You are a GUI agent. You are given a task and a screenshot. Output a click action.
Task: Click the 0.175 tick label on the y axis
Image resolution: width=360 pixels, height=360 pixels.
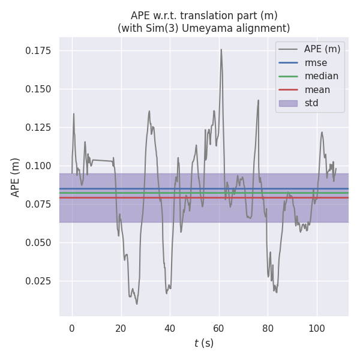pyautogui.click(x=38, y=51)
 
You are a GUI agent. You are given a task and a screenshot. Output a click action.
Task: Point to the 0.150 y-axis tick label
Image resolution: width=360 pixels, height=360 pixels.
pyautogui.click(x=38, y=89)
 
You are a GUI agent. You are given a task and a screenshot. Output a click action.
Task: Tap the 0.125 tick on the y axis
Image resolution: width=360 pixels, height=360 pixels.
pyautogui.click(x=38, y=128)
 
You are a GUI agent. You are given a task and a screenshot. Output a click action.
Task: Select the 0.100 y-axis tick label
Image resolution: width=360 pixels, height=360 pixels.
pyautogui.click(x=38, y=166)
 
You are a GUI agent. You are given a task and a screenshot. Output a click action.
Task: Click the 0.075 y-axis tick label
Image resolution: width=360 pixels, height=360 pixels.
pyautogui.click(x=38, y=205)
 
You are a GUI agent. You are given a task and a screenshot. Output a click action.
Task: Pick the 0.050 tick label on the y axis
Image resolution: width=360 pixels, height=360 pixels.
pyautogui.click(x=38, y=243)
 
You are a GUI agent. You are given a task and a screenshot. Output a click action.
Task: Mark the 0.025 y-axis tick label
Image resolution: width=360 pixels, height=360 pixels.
pyautogui.click(x=38, y=281)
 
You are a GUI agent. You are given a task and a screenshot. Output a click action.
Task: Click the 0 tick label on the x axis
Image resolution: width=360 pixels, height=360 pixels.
pyautogui.click(x=72, y=328)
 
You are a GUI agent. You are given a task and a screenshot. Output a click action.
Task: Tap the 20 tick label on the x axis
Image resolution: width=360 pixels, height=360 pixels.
pyautogui.click(x=121, y=328)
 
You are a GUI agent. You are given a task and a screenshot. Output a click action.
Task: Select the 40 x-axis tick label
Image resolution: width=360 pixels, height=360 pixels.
pyautogui.click(x=170, y=328)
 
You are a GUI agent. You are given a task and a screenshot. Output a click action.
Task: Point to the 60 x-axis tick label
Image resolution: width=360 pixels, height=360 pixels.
pyautogui.click(x=219, y=328)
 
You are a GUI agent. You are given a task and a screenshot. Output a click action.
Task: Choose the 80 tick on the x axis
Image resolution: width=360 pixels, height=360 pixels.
pyautogui.click(x=268, y=328)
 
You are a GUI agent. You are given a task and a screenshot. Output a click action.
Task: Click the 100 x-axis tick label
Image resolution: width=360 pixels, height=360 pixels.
pyautogui.click(x=317, y=328)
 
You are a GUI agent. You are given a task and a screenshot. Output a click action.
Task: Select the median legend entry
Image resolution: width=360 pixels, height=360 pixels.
pyautogui.click(x=321, y=76)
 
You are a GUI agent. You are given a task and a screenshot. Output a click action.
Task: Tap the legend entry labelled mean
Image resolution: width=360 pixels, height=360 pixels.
pyautogui.click(x=317, y=90)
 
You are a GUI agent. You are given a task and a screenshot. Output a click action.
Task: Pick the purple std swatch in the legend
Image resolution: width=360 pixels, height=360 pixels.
pyautogui.click(x=288, y=103)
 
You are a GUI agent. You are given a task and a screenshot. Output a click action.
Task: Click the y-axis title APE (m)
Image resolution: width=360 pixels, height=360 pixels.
pyautogui.click(x=16, y=177)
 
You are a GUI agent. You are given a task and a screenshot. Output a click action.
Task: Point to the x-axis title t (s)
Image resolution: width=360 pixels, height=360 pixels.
pyautogui.click(x=204, y=343)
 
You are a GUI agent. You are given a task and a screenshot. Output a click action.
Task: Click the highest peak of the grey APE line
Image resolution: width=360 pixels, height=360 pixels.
pyautogui.click(x=221, y=50)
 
